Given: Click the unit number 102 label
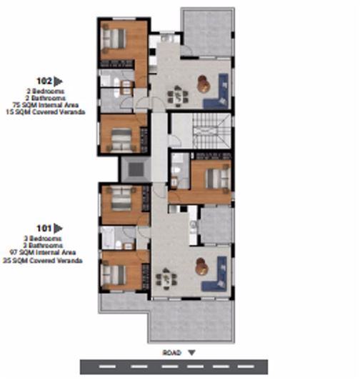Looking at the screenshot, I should pyautogui.click(x=44, y=81).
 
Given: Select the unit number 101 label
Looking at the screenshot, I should pyautogui.click(x=44, y=229).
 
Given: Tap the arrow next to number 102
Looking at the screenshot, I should pyautogui.click(x=59, y=81).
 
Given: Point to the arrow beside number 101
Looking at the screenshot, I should pyautogui.click(x=59, y=229).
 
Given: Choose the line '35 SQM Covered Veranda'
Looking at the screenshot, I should pyautogui.click(x=44, y=261).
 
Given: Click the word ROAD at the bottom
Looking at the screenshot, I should pyautogui.click(x=171, y=352).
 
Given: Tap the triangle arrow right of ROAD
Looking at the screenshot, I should pyautogui.click(x=191, y=352).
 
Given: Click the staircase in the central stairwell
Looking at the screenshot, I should pyautogui.click(x=211, y=133).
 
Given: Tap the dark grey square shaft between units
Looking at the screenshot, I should pyautogui.click(x=134, y=169).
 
